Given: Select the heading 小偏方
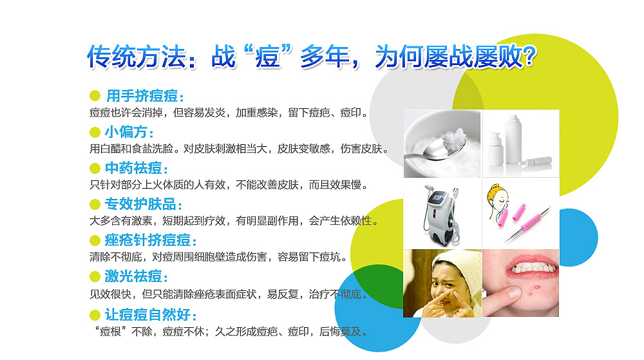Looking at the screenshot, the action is click(x=129, y=132).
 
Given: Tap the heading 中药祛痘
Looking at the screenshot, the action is click(x=137, y=168).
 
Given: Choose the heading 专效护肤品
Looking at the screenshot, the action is click(x=144, y=204).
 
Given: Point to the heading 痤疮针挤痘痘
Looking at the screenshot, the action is click(x=150, y=240).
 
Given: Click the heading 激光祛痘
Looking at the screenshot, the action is click(x=137, y=276).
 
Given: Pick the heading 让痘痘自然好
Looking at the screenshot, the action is click(x=150, y=315).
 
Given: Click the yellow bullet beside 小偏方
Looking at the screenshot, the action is click(x=95, y=132).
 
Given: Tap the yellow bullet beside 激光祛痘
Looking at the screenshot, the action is click(x=95, y=277).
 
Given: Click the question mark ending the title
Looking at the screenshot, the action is click(x=530, y=56).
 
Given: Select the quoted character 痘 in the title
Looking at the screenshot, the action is click(x=267, y=57).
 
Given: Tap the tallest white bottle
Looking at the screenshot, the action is click(x=513, y=140).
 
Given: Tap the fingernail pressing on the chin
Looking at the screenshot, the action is click(x=513, y=293).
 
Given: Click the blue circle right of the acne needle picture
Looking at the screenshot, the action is click(x=577, y=237).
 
